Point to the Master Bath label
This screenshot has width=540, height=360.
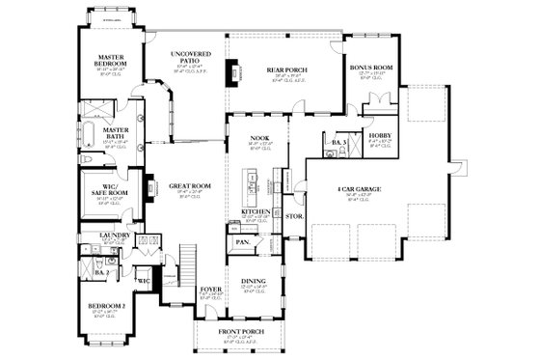tap(98, 132)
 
